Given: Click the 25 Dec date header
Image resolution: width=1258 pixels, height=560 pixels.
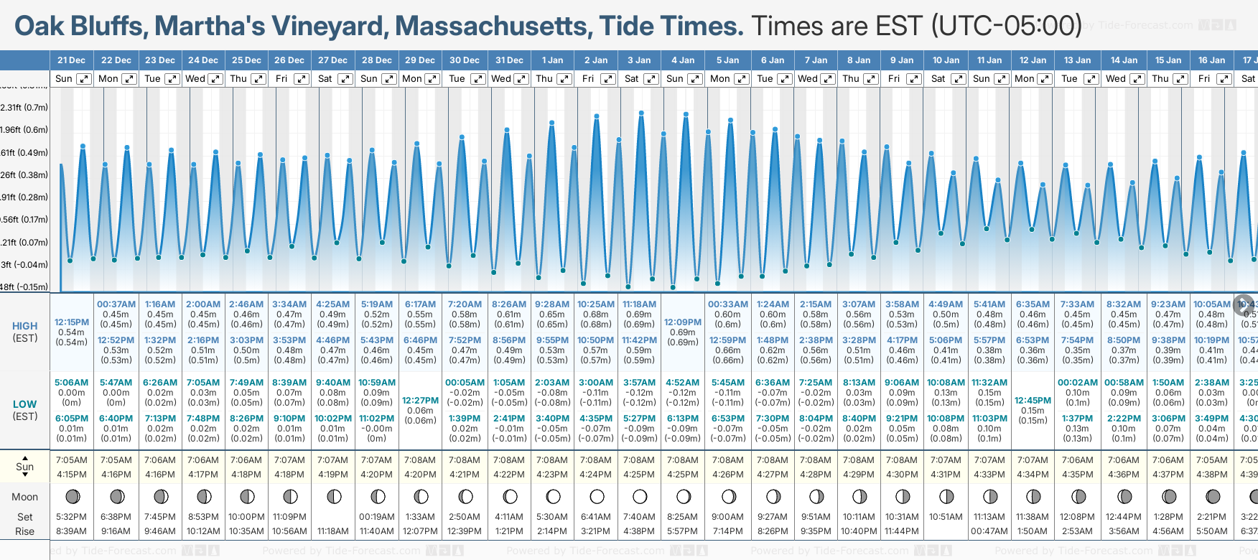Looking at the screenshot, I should pyautogui.click(x=246, y=60).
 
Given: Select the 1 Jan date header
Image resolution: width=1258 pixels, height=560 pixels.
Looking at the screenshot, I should pyautogui.click(x=552, y=60).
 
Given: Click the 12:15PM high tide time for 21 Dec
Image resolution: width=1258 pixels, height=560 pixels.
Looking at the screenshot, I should pyautogui.click(x=72, y=322).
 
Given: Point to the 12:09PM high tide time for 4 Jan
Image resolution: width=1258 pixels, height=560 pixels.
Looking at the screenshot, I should pyautogui.click(x=682, y=322).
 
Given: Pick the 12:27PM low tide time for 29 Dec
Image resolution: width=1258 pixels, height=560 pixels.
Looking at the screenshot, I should pyautogui.click(x=420, y=401).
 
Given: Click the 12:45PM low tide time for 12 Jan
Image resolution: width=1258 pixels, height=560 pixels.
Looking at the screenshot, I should pyautogui.click(x=1033, y=401).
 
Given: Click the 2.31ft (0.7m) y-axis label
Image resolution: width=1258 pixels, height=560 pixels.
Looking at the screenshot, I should pyautogui.click(x=24, y=108).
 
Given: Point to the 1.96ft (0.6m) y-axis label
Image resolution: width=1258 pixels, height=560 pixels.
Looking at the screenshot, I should pyautogui.click(x=24, y=130).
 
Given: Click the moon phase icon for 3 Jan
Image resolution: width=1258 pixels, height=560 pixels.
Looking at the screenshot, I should pyautogui.click(x=639, y=496).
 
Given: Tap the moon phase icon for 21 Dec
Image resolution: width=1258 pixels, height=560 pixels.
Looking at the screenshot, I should pyautogui.click(x=72, y=496).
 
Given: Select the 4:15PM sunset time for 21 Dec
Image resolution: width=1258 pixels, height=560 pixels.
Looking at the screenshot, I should pyautogui.click(x=72, y=475).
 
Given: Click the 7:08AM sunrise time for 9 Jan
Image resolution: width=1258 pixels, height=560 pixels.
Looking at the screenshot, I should pyautogui.click(x=901, y=460).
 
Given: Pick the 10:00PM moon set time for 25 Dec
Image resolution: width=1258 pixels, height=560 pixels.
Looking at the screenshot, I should pyautogui.click(x=246, y=517).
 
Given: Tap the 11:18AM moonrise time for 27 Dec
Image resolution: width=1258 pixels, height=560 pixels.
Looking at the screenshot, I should pyautogui.click(x=333, y=531).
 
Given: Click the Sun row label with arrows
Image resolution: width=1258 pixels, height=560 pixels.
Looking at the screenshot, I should pyautogui.click(x=25, y=467).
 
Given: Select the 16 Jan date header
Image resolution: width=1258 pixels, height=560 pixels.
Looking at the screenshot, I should pyautogui.click(x=1211, y=60).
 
